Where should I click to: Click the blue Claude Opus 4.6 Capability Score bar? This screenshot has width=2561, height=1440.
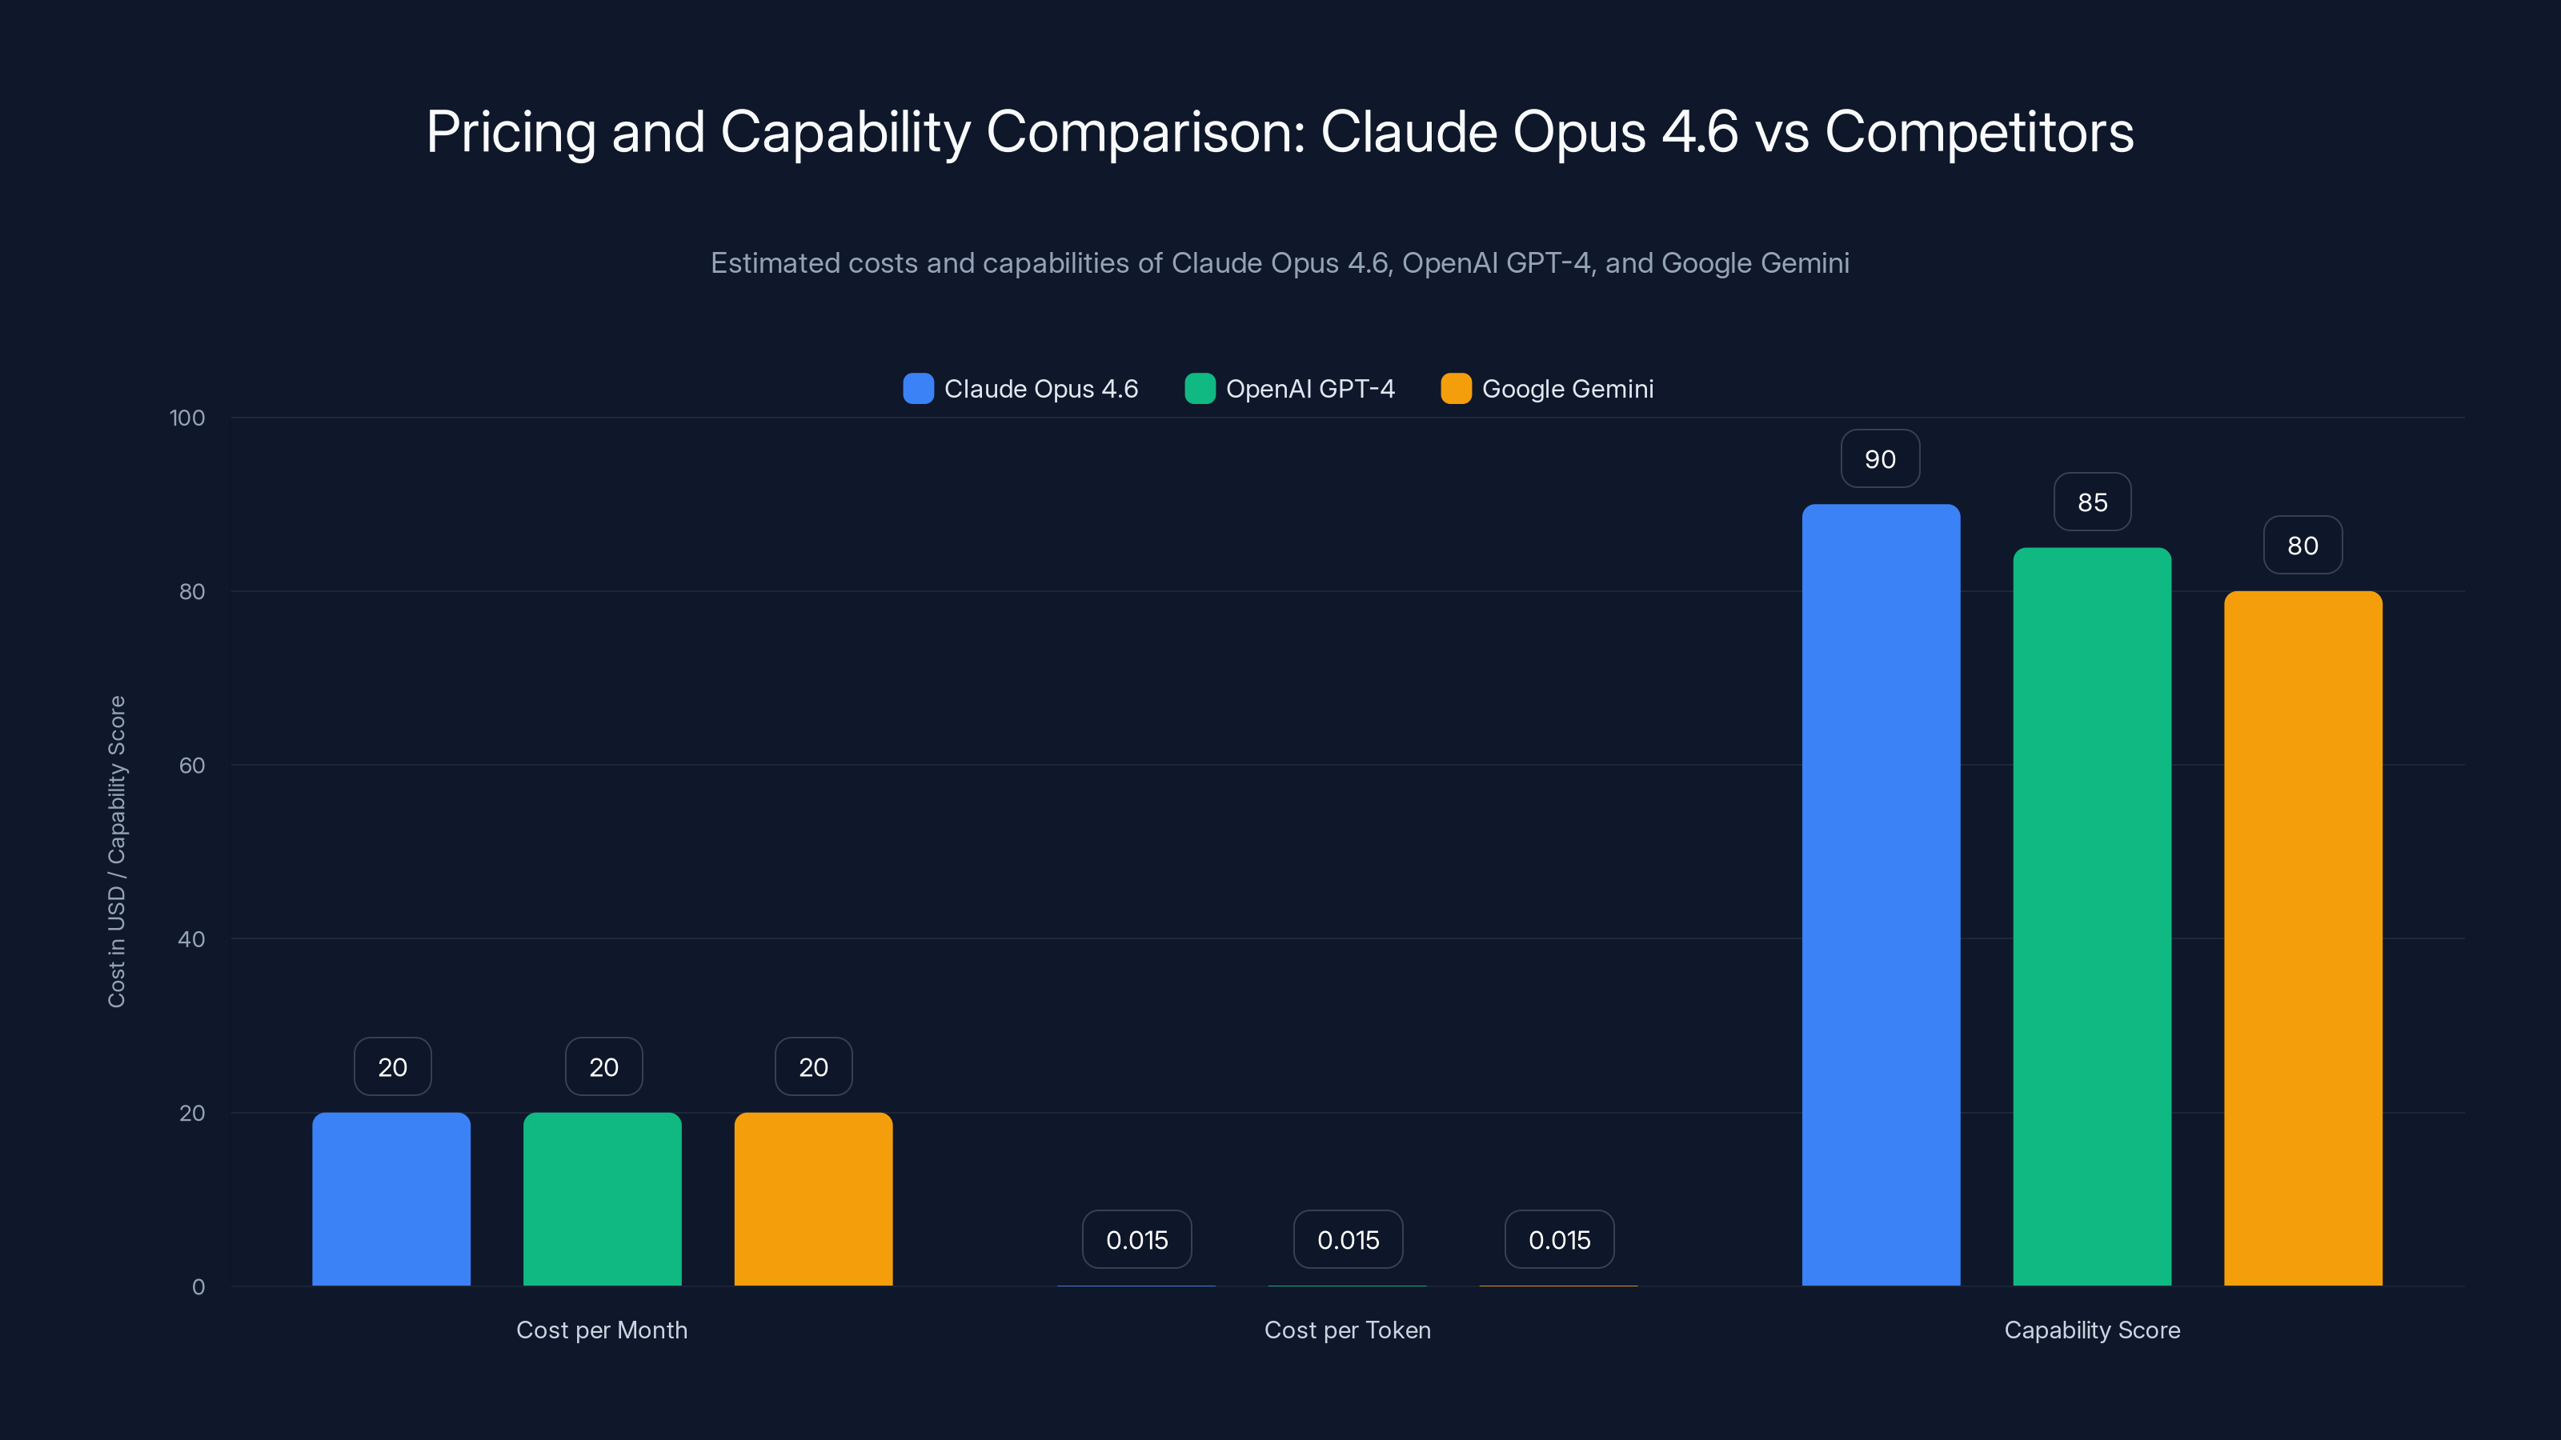[x=1880, y=894]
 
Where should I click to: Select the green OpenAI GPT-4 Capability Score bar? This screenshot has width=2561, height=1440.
[x=2092, y=916]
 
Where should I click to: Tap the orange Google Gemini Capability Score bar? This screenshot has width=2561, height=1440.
[x=2302, y=938]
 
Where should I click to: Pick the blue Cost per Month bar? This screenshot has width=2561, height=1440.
[x=391, y=1198]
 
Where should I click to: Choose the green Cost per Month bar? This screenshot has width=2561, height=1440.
[x=603, y=1198]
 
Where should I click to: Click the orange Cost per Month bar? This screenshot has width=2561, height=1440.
[x=813, y=1198]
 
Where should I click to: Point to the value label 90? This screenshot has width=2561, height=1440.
[x=1880, y=459]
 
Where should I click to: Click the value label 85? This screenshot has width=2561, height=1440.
[x=2092, y=502]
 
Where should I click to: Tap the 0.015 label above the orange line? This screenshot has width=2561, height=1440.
[x=1559, y=1239]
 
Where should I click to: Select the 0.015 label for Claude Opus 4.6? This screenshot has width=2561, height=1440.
[x=1136, y=1239]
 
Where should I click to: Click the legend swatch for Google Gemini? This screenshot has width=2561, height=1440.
[x=1456, y=389]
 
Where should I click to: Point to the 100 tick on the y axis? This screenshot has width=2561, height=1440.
[x=187, y=418]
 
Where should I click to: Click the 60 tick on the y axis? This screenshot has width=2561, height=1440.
[x=192, y=766]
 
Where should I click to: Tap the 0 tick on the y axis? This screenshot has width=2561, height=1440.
[x=198, y=1287]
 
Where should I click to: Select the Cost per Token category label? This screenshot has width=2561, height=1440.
[x=1347, y=1330]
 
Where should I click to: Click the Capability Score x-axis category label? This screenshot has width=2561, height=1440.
[x=2092, y=1330]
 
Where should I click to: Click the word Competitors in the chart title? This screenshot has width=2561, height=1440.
[x=1978, y=131]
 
